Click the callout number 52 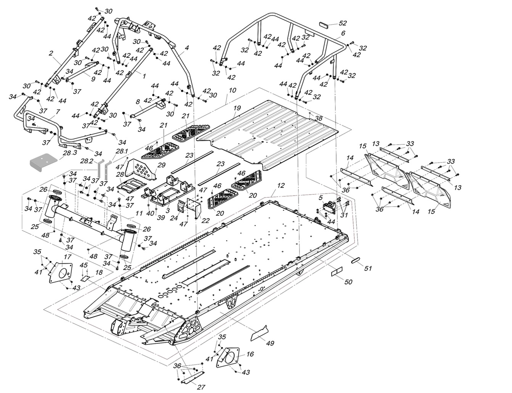click(x=343, y=23)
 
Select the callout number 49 click(x=270, y=343)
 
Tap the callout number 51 click(x=367, y=268)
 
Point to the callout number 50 click(x=348, y=282)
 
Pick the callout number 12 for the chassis click(x=281, y=186)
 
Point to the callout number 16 click(x=250, y=354)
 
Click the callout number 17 click(x=68, y=257)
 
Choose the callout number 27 click(x=201, y=387)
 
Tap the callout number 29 click(x=162, y=165)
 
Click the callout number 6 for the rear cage click(x=343, y=33)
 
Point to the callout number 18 click(x=99, y=273)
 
